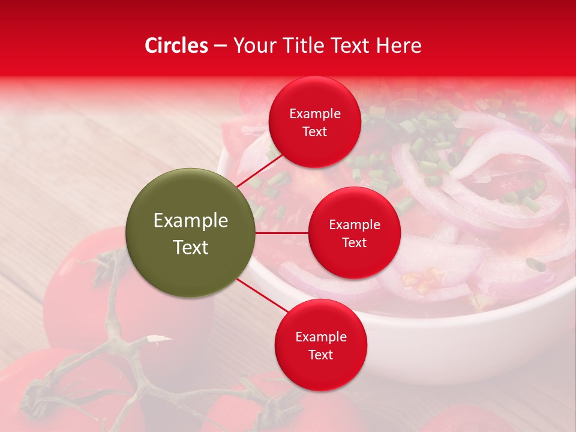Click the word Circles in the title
click(x=176, y=46)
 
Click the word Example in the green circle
click(x=191, y=221)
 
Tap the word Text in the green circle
click(x=191, y=247)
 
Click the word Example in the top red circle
click(x=314, y=114)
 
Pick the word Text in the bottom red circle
click(x=320, y=355)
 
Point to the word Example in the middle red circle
click(x=354, y=225)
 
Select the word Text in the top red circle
click(x=314, y=131)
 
